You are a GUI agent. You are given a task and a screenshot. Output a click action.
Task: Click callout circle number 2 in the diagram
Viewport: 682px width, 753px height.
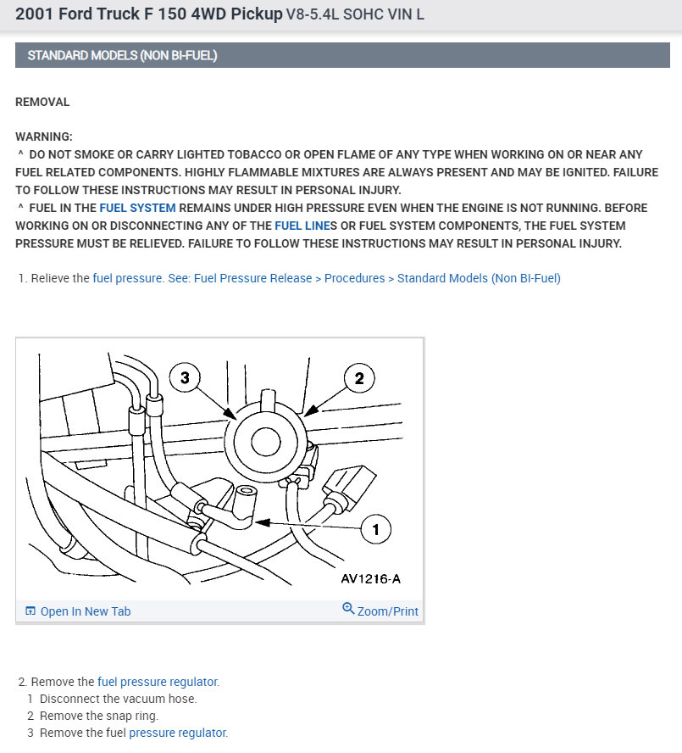point(359,378)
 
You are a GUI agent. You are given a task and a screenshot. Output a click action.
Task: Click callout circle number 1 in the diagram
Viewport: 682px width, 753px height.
point(376,531)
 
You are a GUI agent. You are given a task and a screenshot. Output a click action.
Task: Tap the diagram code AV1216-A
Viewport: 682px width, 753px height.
point(370,579)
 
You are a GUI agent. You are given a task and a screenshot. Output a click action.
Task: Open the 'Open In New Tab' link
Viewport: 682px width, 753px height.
point(85,611)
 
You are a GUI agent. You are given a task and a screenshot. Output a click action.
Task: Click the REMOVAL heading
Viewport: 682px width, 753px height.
point(42,102)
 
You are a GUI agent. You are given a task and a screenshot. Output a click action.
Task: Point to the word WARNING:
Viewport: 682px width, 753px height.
point(44,137)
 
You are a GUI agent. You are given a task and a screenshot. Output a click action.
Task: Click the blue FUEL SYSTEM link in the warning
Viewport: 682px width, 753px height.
point(137,208)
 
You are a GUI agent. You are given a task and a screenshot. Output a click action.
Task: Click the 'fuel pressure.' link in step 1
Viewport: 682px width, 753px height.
point(128,278)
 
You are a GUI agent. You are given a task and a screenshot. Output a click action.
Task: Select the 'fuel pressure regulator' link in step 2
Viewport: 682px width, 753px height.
point(158,681)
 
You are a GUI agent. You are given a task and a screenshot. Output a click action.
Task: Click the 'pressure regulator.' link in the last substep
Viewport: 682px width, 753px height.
point(178,733)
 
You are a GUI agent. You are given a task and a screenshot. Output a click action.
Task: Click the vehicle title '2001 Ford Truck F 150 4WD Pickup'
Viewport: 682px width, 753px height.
point(149,15)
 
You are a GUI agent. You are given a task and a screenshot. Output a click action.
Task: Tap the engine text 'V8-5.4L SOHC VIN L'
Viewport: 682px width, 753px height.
point(355,15)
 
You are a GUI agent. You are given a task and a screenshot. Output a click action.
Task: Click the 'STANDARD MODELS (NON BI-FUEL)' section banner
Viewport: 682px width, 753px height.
point(122,56)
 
